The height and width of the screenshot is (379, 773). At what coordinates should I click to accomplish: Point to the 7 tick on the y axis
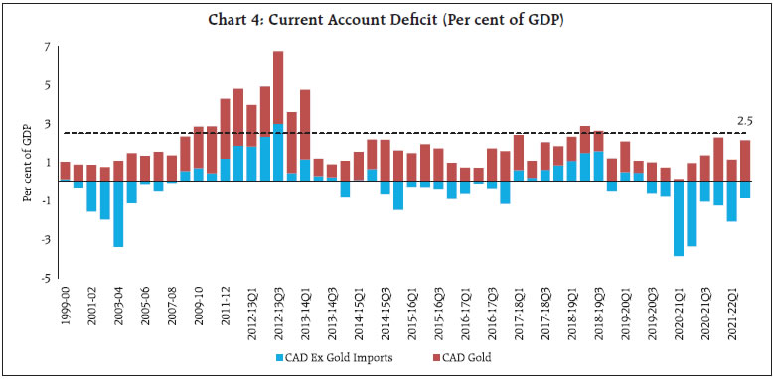46,48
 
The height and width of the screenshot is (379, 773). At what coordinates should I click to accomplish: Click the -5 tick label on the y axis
44,279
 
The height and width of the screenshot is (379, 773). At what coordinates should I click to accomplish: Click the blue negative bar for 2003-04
118,213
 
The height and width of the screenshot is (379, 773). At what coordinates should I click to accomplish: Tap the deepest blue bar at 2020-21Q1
679,218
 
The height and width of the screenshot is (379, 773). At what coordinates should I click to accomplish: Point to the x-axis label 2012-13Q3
279,315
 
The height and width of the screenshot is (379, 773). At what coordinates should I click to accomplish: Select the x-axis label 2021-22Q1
732,315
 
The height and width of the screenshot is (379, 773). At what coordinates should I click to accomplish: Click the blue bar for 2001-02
91,195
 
